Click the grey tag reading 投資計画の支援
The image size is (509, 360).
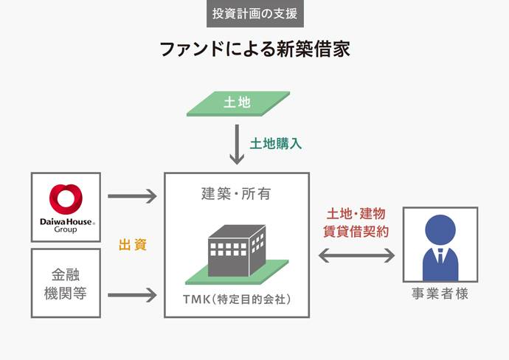click(254, 13)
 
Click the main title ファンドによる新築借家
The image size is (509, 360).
click(254, 49)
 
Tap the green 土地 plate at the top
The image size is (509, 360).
click(237, 103)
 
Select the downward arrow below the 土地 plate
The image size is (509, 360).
click(237, 145)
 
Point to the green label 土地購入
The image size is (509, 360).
click(276, 143)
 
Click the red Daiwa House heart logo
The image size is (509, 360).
click(66, 198)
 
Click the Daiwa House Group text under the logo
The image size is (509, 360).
click(66, 225)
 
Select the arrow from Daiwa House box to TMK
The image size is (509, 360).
click(133, 196)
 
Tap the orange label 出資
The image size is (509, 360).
click(133, 245)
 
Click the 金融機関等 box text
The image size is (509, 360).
click(66, 283)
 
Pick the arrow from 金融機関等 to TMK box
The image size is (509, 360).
click(133, 295)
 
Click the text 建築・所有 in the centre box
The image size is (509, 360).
click(237, 194)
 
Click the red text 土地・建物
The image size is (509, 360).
click(356, 214)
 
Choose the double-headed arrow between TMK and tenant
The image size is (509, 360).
click(356, 255)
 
